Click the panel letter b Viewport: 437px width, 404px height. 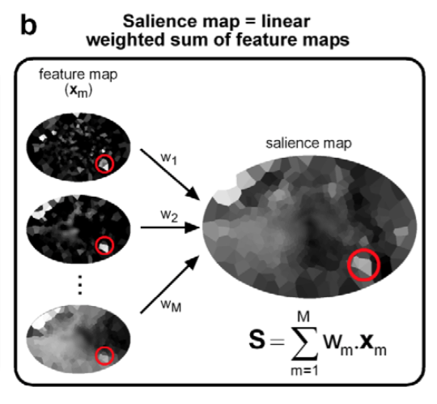(28, 26)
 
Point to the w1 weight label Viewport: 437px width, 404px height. (169, 158)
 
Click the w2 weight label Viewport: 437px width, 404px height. (169, 215)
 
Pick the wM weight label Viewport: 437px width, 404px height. (171, 306)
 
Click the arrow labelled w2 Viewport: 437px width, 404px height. (170, 228)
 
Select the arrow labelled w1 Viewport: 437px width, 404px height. (170, 175)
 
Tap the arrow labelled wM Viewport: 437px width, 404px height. (170, 284)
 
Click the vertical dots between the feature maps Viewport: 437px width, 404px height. (80, 285)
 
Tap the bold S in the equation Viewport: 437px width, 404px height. (257, 339)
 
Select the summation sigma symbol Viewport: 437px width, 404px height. (304, 343)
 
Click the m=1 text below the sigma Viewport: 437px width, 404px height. (304, 371)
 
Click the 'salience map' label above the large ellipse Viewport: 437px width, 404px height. (309, 143)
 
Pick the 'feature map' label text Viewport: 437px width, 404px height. (78, 74)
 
